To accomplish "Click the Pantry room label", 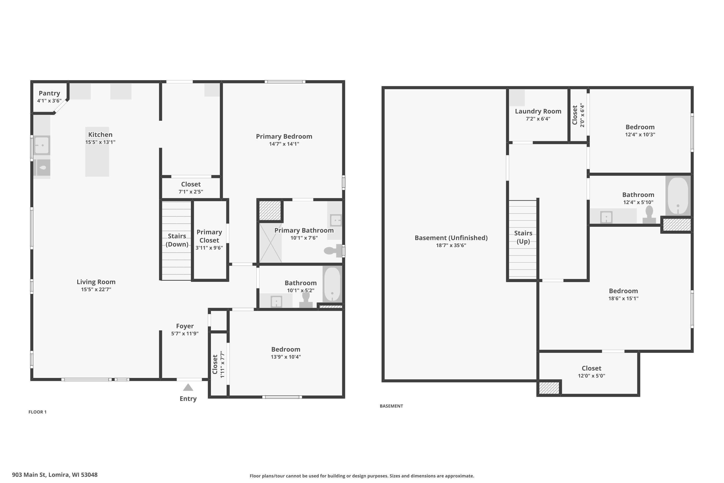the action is pyautogui.click(x=49, y=93).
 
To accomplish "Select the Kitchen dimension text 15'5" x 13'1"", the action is pyautogui.click(x=100, y=142).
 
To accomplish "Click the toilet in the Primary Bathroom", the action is pyautogui.click(x=333, y=250).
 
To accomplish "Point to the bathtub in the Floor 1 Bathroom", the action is pyautogui.click(x=332, y=284).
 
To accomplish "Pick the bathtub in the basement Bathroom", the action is pyautogui.click(x=678, y=196).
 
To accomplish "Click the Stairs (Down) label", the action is pyautogui.click(x=177, y=240).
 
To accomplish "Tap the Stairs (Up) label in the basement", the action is pyautogui.click(x=523, y=237).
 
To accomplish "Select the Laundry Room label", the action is pyautogui.click(x=538, y=111).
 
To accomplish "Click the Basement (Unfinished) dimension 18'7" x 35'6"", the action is pyautogui.click(x=451, y=245).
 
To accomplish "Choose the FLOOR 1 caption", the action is pyautogui.click(x=38, y=412).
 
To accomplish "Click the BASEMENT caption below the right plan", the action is pyautogui.click(x=391, y=406).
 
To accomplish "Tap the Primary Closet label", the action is pyautogui.click(x=209, y=236).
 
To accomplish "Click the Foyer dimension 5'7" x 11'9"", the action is pyautogui.click(x=185, y=333).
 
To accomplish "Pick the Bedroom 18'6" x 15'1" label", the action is pyautogui.click(x=623, y=294).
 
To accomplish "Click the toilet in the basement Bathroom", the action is pyautogui.click(x=649, y=214).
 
